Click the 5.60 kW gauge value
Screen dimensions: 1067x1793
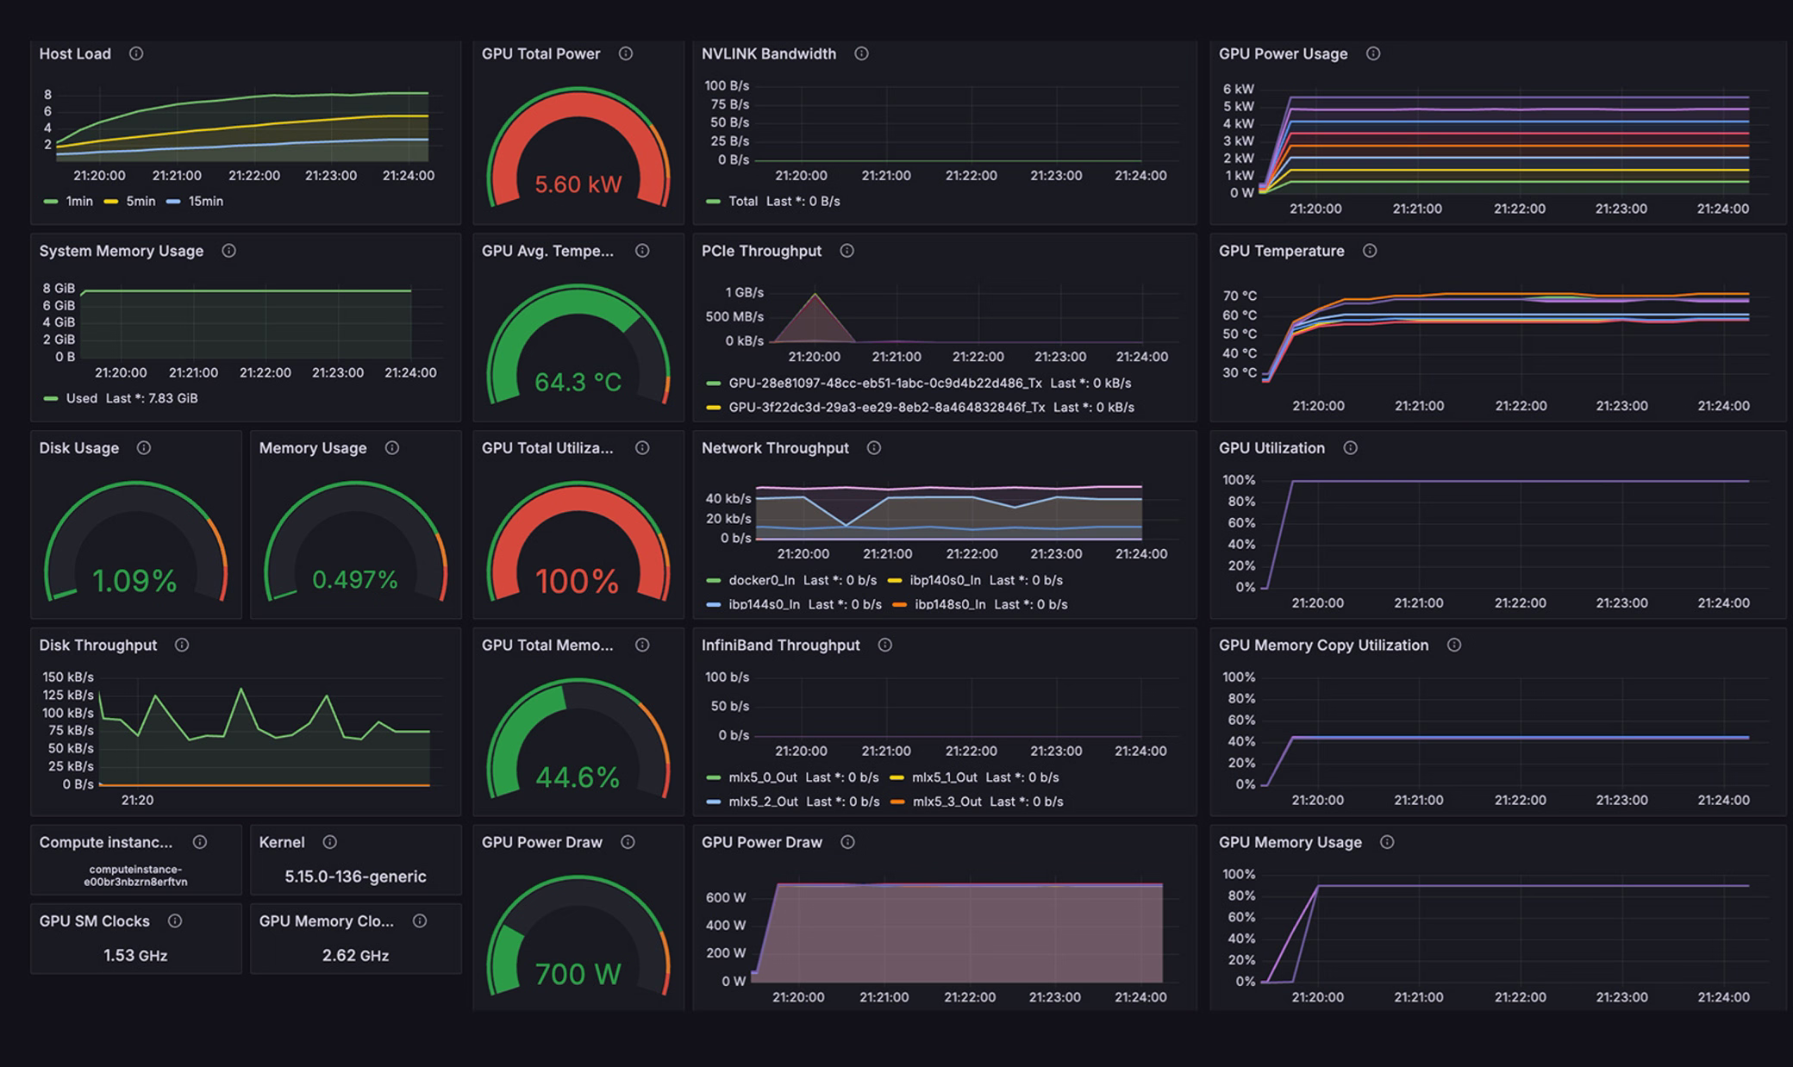pos(578,184)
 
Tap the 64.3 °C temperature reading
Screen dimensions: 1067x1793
pos(578,382)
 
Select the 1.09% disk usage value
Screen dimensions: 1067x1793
pos(134,581)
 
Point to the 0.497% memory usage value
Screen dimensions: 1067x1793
pos(355,580)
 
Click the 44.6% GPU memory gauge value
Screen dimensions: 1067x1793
pos(578,777)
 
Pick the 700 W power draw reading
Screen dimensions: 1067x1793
pos(578,975)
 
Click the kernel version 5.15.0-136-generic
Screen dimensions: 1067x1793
pos(355,877)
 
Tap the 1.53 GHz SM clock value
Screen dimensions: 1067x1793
pos(135,955)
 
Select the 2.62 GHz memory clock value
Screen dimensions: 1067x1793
pos(355,955)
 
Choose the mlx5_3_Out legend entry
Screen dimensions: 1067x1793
pos(946,802)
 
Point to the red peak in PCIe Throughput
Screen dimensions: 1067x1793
pos(815,296)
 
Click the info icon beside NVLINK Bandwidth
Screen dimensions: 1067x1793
pos(861,53)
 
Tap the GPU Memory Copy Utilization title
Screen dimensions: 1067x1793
pos(1323,645)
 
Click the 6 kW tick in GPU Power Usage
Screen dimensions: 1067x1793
pos(1238,89)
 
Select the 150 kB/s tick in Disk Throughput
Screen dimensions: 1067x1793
pos(68,677)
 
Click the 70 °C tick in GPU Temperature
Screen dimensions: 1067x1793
pos(1239,296)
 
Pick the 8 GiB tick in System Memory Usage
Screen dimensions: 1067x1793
pos(59,288)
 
